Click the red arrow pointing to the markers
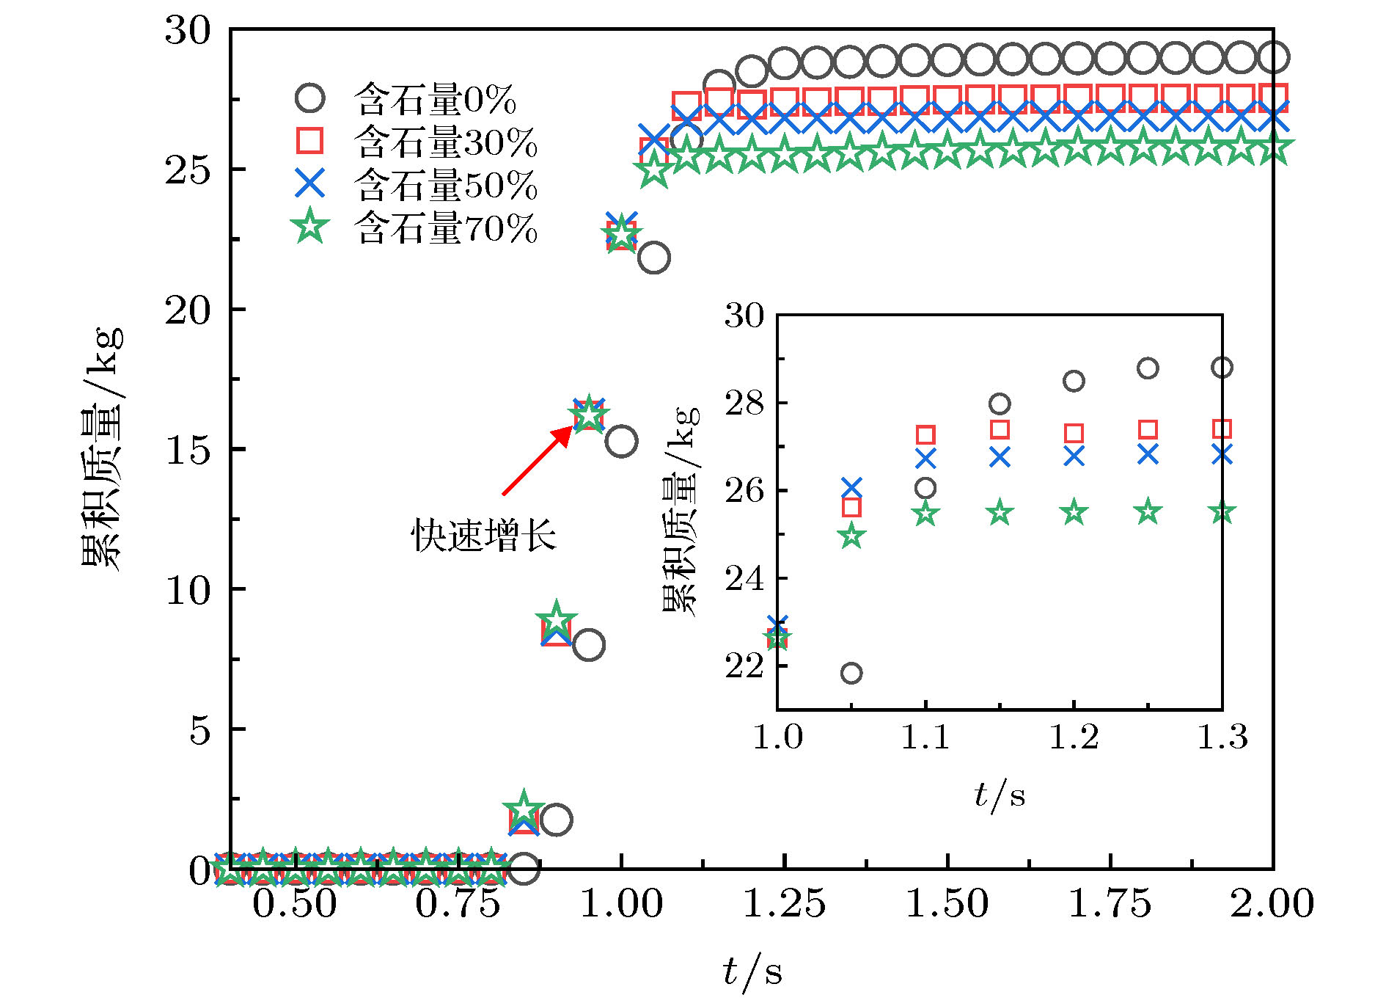(x=537, y=461)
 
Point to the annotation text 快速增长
(x=483, y=535)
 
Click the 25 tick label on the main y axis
(x=188, y=170)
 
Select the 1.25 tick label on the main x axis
(x=784, y=903)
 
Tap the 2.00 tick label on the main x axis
(x=1272, y=903)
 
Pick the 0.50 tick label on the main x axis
(x=295, y=903)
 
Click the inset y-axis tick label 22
(x=744, y=666)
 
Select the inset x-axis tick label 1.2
(x=1074, y=737)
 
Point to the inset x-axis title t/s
(x=1000, y=795)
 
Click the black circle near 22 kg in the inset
(x=851, y=673)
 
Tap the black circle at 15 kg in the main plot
(x=621, y=442)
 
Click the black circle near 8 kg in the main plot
(x=588, y=645)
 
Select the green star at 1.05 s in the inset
(x=851, y=536)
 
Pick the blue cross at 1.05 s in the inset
(x=851, y=487)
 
